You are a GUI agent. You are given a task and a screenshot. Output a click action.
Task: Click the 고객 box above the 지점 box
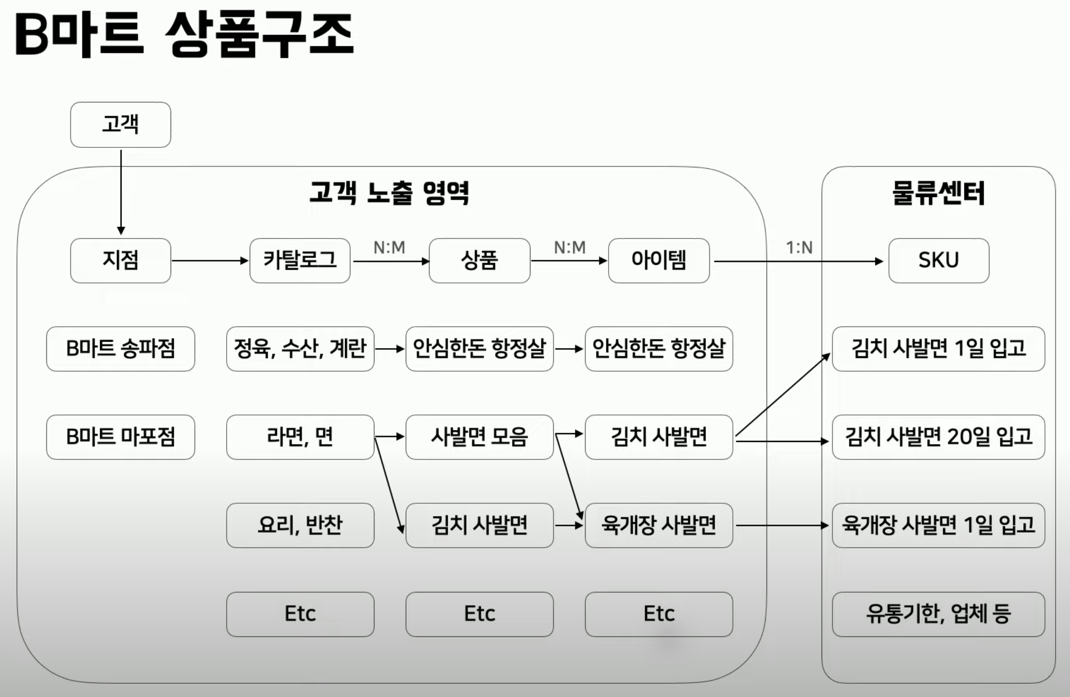point(121,125)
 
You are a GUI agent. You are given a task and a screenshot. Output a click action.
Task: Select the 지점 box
point(121,261)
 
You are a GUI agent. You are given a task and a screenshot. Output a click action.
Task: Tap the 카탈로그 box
point(300,261)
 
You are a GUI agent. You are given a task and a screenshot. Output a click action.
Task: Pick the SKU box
point(939,261)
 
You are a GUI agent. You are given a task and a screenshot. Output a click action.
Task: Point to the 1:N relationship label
point(799,248)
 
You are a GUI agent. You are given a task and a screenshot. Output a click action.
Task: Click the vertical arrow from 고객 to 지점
point(121,191)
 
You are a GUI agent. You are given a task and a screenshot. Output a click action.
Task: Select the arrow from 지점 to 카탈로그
point(209,261)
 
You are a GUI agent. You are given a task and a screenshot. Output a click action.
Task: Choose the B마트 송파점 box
point(121,349)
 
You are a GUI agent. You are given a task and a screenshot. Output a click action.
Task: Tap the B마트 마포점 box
point(121,437)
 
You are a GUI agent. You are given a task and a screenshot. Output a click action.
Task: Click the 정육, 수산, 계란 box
point(300,349)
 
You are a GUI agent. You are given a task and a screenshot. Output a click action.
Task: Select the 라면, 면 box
point(300,437)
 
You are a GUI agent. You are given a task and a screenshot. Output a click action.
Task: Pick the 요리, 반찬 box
point(300,525)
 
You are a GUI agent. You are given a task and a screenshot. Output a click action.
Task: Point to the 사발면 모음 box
point(479,437)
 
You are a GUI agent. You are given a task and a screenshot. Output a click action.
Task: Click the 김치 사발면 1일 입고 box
point(939,349)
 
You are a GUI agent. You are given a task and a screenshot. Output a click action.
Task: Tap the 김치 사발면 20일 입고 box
point(939,437)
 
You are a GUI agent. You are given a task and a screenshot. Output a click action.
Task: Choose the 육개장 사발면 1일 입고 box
point(939,525)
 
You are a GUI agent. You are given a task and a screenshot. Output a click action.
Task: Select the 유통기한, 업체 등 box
point(939,614)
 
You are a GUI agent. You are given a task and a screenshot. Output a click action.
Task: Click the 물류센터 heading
point(939,193)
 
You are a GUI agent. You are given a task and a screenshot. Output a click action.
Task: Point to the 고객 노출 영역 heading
point(389,193)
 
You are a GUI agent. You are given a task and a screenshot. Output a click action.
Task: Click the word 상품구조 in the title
point(259,35)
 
